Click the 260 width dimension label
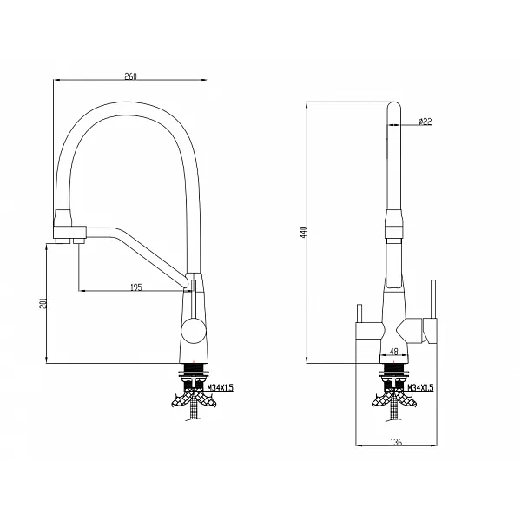pyautogui.click(x=130, y=76)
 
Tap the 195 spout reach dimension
pyautogui.click(x=136, y=287)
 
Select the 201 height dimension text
pyautogui.click(x=43, y=303)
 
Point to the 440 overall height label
pyautogui.click(x=303, y=232)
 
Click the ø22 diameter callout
pyautogui.click(x=425, y=122)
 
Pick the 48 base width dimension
pyautogui.click(x=393, y=351)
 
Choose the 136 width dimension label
pyautogui.click(x=396, y=442)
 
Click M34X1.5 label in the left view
pyautogui.click(x=221, y=387)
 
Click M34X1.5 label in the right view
pyautogui.click(x=420, y=387)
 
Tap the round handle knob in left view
pyautogui.click(x=194, y=330)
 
